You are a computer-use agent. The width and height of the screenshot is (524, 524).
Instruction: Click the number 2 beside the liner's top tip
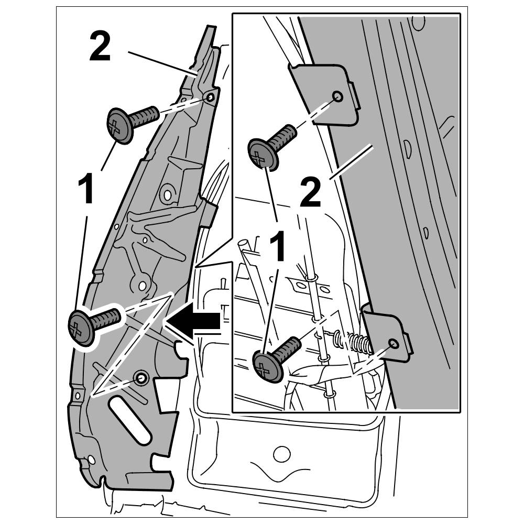click(x=100, y=47)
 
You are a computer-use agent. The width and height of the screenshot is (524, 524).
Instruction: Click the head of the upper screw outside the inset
click(x=121, y=126)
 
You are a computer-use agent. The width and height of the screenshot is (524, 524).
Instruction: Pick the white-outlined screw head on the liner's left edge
click(x=82, y=328)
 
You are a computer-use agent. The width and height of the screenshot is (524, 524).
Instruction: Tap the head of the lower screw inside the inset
click(x=268, y=366)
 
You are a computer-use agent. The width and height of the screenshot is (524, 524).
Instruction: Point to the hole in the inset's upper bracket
click(x=337, y=96)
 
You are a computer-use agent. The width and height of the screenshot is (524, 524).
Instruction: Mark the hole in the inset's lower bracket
click(x=393, y=344)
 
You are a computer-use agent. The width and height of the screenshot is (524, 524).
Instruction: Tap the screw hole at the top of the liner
click(x=210, y=97)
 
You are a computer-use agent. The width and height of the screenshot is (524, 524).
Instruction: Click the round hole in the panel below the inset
click(x=281, y=453)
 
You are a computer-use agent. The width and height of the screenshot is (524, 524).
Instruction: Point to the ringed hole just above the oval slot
click(x=140, y=377)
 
